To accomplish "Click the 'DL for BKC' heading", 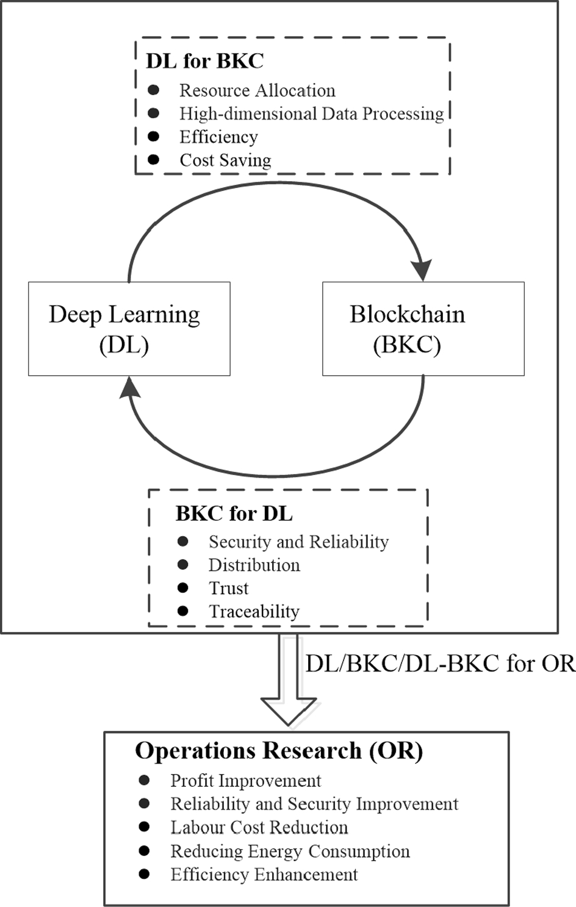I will [x=204, y=61].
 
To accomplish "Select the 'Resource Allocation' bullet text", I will [x=257, y=90].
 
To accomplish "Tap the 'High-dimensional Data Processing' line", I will [x=311, y=113].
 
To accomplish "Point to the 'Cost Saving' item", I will [x=225, y=160].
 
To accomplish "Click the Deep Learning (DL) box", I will [x=129, y=329].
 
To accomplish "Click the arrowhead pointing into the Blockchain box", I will [x=421, y=270].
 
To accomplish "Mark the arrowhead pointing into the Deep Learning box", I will [x=129, y=387].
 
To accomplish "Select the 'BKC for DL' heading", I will [x=234, y=514].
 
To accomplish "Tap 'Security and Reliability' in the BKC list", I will [x=298, y=542].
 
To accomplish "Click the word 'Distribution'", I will [x=254, y=565].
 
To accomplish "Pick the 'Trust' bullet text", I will [x=228, y=588].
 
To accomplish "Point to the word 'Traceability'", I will [x=254, y=611].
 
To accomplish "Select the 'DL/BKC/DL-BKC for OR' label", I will [x=440, y=664].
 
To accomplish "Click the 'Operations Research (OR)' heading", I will [x=279, y=751].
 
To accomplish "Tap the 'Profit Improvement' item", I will [x=245, y=781].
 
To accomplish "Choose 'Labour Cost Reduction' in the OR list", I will [x=259, y=828].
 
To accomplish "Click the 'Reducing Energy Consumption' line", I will [x=290, y=851].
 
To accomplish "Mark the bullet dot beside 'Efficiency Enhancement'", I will [x=144, y=874].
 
